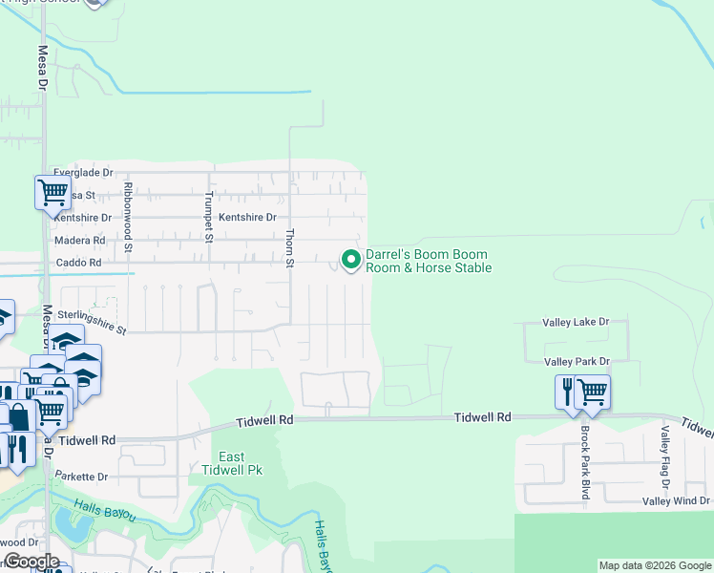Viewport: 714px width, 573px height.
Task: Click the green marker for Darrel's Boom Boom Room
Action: click(351, 260)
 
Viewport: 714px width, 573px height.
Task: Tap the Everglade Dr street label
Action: click(83, 173)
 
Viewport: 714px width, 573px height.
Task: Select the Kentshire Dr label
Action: click(246, 218)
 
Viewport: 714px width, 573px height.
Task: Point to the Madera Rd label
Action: click(79, 241)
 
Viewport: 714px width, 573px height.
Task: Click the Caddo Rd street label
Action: click(78, 263)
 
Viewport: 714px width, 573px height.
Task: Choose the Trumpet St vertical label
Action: click(208, 216)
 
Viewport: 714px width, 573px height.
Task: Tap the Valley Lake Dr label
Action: click(576, 323)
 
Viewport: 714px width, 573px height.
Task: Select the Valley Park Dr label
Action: click(577, 362)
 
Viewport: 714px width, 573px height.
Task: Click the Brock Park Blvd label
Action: click(585, 461)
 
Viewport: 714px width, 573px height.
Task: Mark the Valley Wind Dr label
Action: click(676, 501)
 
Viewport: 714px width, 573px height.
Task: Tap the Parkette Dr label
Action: click(81, 476)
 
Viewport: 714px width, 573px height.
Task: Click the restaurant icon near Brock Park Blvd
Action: click(568, 392)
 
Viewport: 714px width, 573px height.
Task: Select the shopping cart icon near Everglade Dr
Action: click(52, 192)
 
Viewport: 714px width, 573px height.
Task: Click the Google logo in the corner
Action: click(31, 562)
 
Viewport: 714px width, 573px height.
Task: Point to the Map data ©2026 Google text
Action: click(654, 565)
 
